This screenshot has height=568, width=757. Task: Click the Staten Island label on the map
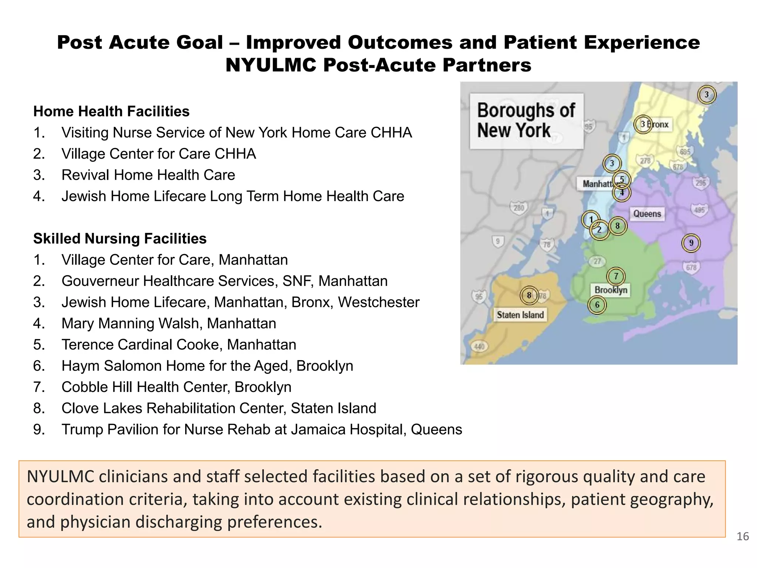(520, 315)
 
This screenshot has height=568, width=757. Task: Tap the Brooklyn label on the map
(611, 290)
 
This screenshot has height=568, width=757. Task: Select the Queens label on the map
(647, 214)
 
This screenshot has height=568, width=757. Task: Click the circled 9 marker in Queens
(691, 243)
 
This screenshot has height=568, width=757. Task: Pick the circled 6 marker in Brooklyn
(597, 305)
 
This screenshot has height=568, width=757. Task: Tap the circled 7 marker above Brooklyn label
(616, 276)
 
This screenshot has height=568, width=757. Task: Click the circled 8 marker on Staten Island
(529, 295)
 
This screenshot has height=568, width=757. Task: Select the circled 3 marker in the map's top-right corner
(707, 95)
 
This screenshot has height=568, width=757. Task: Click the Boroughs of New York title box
(526, 121)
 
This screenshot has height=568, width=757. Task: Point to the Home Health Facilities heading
(111, 111)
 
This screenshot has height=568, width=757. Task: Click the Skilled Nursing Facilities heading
(120, 239)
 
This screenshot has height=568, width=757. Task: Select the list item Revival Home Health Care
(148, 175)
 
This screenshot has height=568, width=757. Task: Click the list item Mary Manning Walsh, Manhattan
(169, 324)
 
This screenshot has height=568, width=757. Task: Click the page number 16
(743, 536)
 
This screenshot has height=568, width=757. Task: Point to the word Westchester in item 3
(378, 302)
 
